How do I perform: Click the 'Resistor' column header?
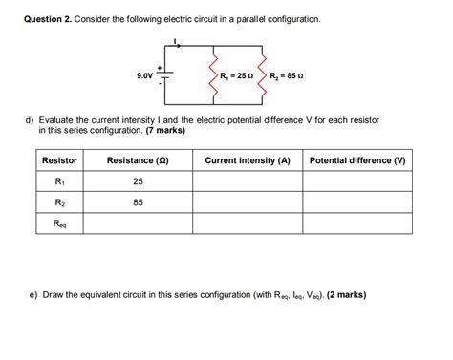pyautogui.click(x=59, y=160)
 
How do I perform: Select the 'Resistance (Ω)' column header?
pyautogui.click(x=138, y=160)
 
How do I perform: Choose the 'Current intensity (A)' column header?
pyautogui.click(x=247, y=160)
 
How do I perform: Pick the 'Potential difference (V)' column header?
pyautogui.click(x=357, y=160)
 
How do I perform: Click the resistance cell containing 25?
pyautogui.click(x=138, y=181)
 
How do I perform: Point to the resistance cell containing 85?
pyautogui.click(x=138, y=202)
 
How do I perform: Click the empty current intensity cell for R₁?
pyautogui.click(x=247, y=181)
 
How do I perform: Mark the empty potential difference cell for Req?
pyautogui.click(x=357, y=224)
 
